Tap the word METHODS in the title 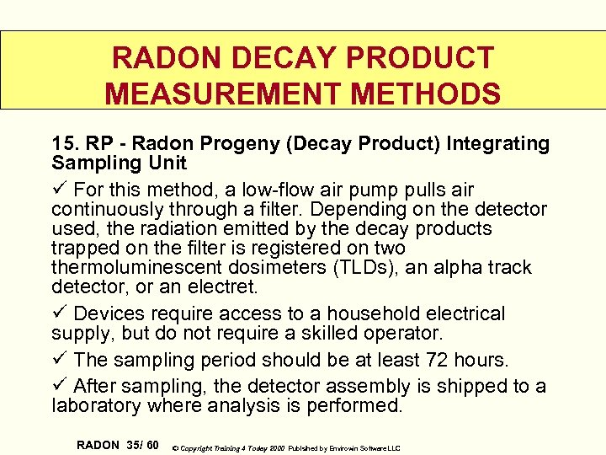(425, 92)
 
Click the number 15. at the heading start (65, 144)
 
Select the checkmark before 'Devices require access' (58, 313)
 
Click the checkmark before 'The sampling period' (58, 360)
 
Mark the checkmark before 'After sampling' (58, 387)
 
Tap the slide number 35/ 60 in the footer (139, 444)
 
